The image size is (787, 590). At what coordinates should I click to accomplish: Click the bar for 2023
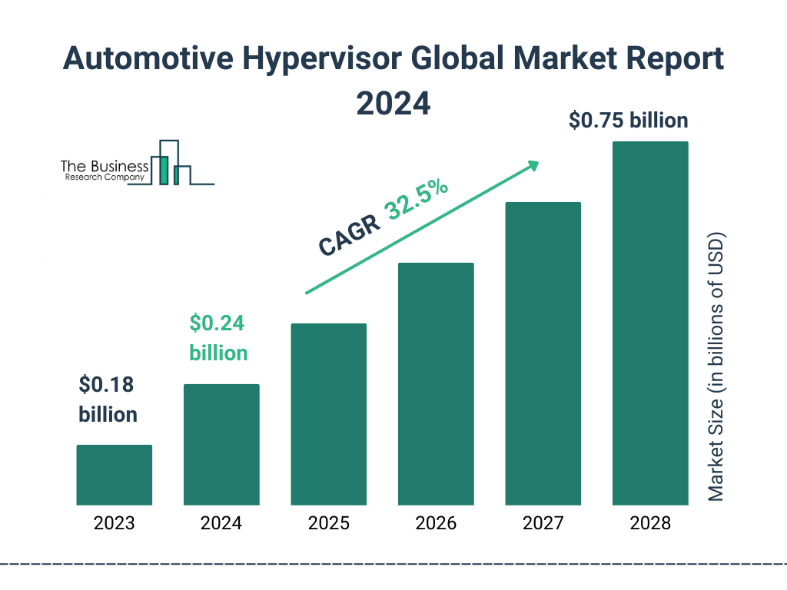tap(114, 475)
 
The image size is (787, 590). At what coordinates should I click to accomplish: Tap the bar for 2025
tap(328, 414)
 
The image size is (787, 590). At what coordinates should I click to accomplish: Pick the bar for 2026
tap(436, 384)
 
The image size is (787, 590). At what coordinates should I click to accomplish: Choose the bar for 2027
tap(543, 353)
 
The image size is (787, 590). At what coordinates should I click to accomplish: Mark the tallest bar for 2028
tap(650, 323)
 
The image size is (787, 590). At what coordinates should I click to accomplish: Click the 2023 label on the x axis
tap(114, 524)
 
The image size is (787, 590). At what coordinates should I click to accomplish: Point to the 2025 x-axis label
tap(328, 524)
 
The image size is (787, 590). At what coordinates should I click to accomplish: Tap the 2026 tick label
tap(436, 524)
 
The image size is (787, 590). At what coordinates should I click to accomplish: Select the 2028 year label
tap(650, 524)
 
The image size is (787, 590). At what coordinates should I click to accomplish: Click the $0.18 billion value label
tap(108, 399)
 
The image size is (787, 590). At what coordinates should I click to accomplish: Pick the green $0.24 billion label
tap(218, 338)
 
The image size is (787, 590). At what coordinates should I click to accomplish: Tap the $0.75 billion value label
tap(628, 121)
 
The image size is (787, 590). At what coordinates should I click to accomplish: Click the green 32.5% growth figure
tap(417, 200)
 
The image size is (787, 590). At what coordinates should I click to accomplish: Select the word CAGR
tap(350, 235)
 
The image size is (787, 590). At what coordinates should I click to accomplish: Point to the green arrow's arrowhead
tap(533, 165)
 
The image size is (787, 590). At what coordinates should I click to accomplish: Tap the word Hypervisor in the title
tap(307, 59)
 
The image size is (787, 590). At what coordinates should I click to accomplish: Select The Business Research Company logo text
tap(105, 171)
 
